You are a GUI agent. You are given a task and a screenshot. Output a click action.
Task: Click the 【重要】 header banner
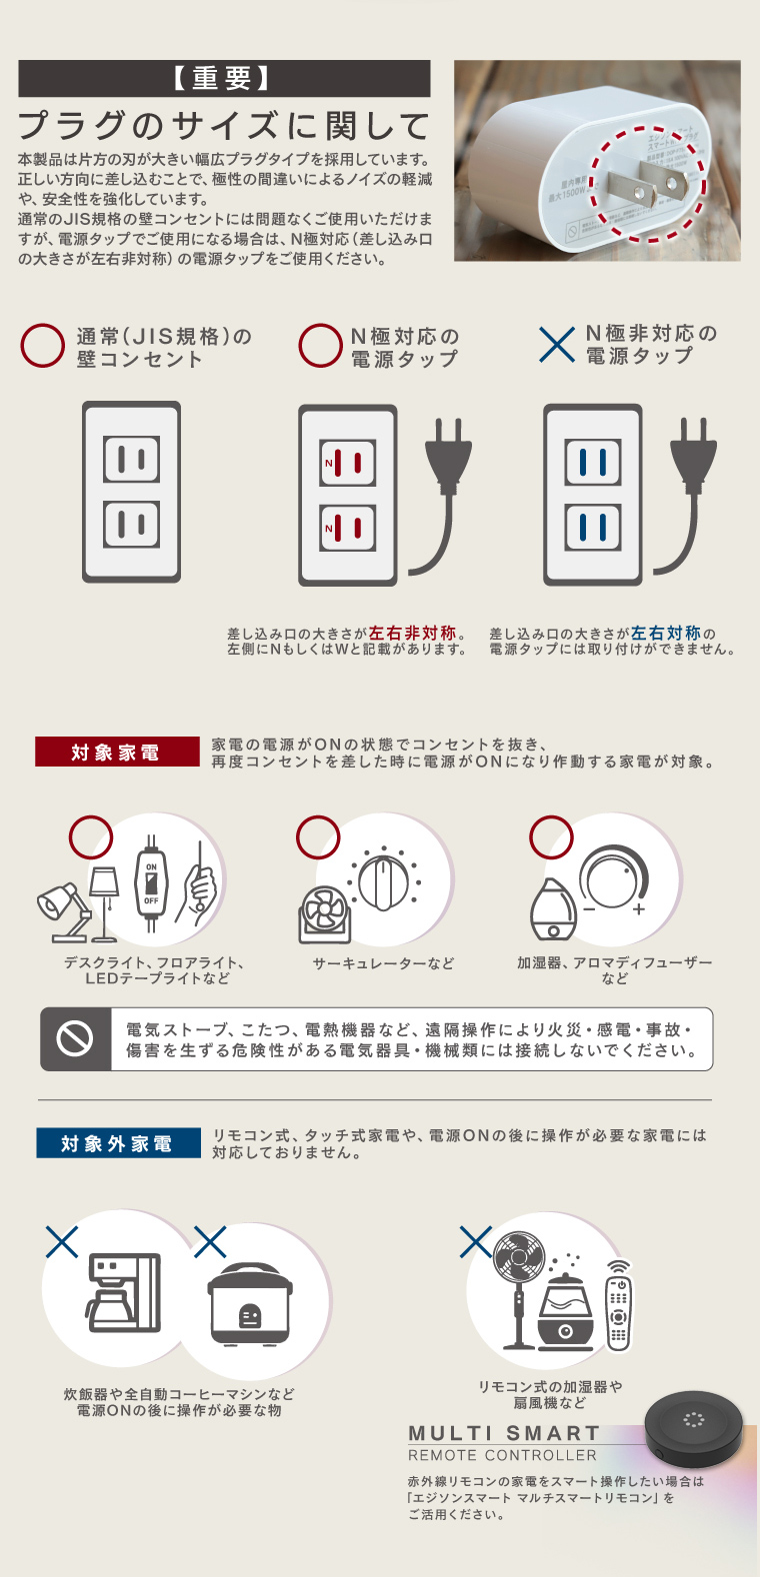(x=224, y=78)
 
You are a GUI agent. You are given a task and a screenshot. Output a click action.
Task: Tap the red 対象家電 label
(x=117, y=752)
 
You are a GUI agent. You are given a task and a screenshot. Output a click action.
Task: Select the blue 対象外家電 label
(x=118, y=1142)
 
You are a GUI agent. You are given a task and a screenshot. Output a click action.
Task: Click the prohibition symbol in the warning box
(x=75, y=1038)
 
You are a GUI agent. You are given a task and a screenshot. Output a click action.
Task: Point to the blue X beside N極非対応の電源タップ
(x=556, y=345)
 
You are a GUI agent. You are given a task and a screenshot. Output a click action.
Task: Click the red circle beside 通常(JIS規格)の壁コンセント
(x=42, y=345)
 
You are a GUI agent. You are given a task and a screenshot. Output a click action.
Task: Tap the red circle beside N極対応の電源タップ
(x=320, y=345)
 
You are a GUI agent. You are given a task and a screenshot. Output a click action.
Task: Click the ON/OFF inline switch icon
(x=151, y=882)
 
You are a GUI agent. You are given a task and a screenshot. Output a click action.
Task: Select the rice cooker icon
(x=250, y=1302)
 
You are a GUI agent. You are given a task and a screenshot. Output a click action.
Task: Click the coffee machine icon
(x=124, y=1292)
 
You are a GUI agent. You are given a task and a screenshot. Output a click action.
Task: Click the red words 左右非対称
(x=413, y=633)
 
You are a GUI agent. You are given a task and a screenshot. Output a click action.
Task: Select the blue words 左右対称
(x=666, y=633)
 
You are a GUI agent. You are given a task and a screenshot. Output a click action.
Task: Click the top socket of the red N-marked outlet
(x=347, y=464)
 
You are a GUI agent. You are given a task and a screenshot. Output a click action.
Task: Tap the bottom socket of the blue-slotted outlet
(x=592, y=527)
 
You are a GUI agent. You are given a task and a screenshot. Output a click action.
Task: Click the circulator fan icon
(x=325, y=913)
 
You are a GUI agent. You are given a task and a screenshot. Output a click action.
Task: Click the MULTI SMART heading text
(x=504, y=1433)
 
